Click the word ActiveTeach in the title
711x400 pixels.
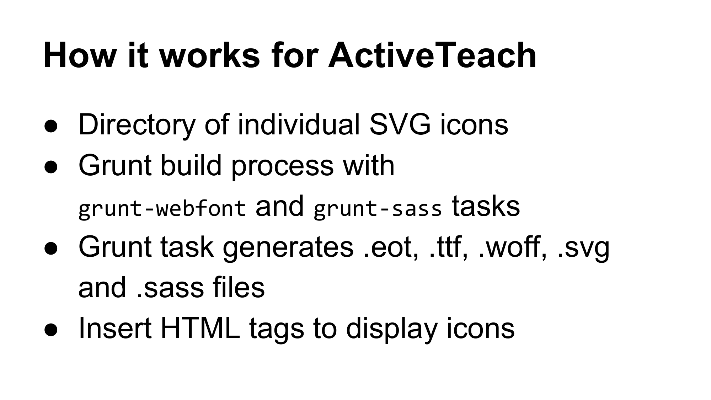point(432,55)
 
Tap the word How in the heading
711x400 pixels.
point(78,55)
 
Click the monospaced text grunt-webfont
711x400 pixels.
point(162,208)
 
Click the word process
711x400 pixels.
point(283,166)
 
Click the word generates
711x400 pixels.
point(288,247)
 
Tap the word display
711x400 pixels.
point(391,329)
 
